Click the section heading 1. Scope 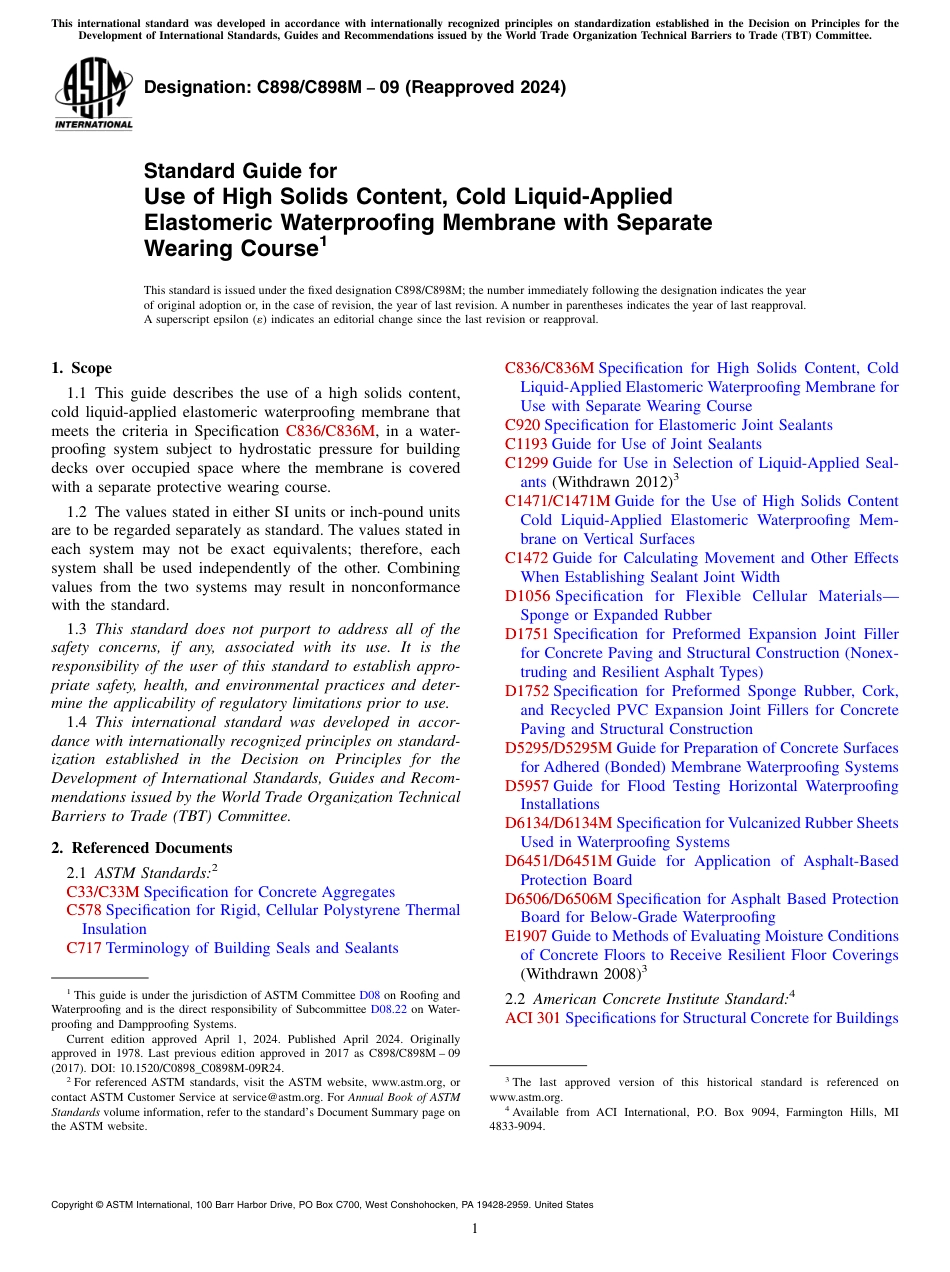pos(81,368)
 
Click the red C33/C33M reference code pos(102,892)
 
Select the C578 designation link pos(84,910)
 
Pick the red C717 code pos(84,948)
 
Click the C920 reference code pos(522,425)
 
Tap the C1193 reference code pos(526,444)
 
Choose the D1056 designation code pos(527,596)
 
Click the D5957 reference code pos(527,786)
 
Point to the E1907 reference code pos(526,936)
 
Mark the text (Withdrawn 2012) pos(612,482)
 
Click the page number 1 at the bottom pos(475,1228)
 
